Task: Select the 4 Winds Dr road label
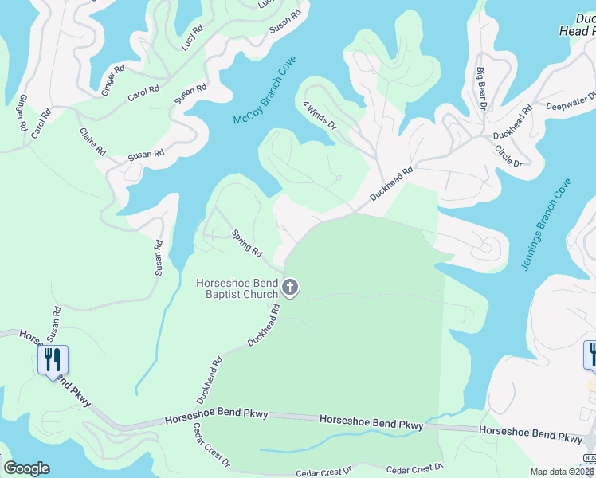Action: tap(320, 115)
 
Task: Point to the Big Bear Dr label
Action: tap(481, 87)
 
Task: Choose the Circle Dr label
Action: tap(508, 155)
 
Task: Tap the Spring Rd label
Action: tap(246, 244)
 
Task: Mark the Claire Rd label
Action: tap(92, 140)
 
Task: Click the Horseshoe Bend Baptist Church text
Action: tap(237, 288)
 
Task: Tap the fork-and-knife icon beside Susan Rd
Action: tap(53, 360)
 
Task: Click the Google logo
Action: tap(26, 468)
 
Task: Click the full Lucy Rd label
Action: tap(192, 37)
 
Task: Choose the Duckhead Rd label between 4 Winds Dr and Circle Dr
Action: tap(390, 184)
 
